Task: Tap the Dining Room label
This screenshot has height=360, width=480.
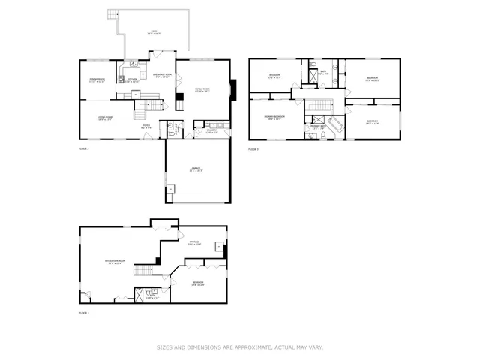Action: [x=97, y=80]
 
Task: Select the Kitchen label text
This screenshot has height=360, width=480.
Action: [x=132, y=80]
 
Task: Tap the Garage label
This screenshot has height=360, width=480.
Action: [x=197, y=170]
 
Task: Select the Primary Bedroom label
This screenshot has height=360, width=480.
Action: [x=274, y=118]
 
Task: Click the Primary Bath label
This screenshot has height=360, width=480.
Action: [x=318, y=127]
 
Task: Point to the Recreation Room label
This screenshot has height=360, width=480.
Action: [x=115, y=262]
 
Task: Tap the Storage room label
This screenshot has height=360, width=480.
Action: [x=194, y=243]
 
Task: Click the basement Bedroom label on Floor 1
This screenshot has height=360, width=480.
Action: [x=198, y=283]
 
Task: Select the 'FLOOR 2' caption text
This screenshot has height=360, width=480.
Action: [x=84, y=149]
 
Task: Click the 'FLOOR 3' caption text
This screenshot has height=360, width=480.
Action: [x=253, y=149]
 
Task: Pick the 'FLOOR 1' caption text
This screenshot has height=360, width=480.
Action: [x=84, y=312]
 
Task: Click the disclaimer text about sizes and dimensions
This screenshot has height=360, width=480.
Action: [x=239, y=346]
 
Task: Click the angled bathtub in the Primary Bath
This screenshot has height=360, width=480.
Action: [x=335, y=124]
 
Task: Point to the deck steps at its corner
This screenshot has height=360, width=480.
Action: [x=112, y=15]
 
